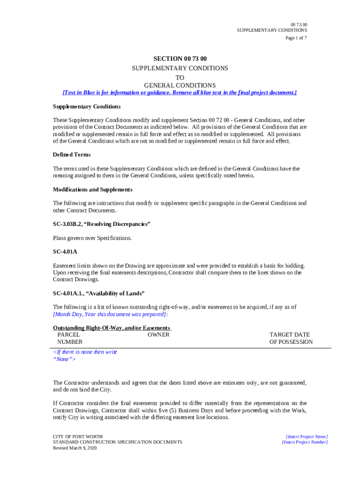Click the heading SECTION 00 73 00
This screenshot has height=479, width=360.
[180, 58]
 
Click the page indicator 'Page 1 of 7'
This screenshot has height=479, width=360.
[296, 38]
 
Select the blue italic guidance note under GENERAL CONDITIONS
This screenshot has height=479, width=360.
[180, 93]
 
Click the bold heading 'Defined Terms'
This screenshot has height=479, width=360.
[72, 155]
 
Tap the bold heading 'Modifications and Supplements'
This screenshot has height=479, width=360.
[93, 189]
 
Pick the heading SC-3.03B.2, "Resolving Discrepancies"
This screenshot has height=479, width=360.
[101, 225]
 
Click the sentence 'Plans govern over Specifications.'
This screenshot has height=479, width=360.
[92, 238]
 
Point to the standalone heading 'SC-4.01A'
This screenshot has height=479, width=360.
[65, 252]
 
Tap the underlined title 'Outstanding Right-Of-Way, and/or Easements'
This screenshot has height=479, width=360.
[112, 328]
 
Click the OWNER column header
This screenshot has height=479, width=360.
[158, 335]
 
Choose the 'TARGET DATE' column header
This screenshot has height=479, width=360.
[289, 335]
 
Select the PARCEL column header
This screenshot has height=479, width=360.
[68, 335]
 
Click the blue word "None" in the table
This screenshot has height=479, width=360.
[64, 359]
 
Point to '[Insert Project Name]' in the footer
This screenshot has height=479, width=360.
[306, 436]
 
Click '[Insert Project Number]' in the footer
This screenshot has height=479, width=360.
[305, 442]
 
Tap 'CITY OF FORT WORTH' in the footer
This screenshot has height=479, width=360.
[78, 436]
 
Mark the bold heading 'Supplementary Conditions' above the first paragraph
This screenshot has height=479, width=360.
[86, 107]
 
